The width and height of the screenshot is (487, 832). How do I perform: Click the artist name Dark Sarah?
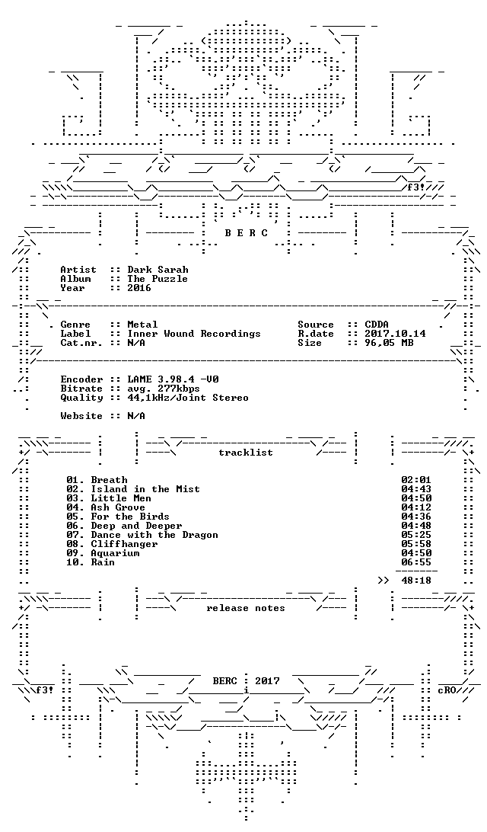pos(158,270)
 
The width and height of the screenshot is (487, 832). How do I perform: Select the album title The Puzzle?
pos(158,279)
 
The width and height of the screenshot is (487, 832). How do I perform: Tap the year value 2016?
pos(139,287)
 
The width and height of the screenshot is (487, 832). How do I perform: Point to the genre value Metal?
pos(142,325)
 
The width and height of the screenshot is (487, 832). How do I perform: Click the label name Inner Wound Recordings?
pos(194,333)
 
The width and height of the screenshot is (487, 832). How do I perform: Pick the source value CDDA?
pos(377,325)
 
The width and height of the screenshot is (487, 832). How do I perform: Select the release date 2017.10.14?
pos(396,333)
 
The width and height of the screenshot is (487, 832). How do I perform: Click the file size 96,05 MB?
pos(390,343)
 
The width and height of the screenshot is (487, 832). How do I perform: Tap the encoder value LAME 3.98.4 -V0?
pos(173,379)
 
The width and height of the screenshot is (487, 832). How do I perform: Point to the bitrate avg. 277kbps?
pos(164,389)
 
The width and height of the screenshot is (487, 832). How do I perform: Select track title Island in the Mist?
pos(145,489)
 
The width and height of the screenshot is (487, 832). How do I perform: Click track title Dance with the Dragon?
pos(154,535)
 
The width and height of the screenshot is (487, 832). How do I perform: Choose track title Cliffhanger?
pos(124,544)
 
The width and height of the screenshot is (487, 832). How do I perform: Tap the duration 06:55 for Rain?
pos(416,562)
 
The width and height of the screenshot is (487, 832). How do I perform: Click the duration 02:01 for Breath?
pos(416,480)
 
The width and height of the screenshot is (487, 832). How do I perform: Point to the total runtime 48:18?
pos(416,581)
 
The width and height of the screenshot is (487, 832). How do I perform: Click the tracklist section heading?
pos(246,453)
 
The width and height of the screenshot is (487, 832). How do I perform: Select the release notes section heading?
pos(246,608)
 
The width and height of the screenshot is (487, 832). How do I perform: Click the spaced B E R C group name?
pos(246,233)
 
